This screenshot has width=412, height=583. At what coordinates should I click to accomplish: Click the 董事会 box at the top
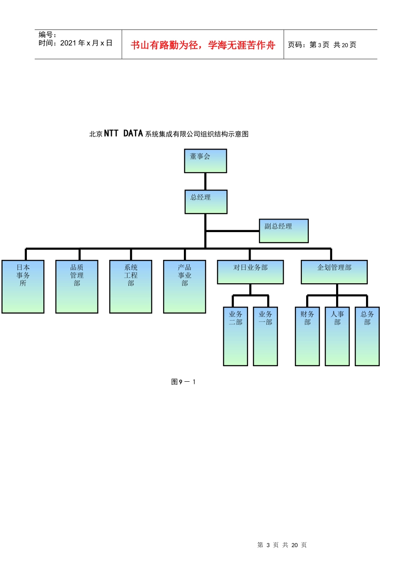(x=205, y=161)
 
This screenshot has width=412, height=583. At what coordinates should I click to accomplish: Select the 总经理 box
(x=206, y=202)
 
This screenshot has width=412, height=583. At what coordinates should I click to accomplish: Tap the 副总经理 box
(x=284, y=231)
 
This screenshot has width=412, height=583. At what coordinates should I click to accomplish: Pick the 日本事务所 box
(x=23, y=287)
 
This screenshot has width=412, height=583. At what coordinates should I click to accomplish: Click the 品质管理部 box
(x=77, y=287)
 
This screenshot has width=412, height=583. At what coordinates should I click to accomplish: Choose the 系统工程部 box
(x=131, y=287)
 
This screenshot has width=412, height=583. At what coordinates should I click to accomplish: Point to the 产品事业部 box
(x=184, y=287)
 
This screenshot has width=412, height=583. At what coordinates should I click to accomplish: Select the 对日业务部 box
(x=250, y=272)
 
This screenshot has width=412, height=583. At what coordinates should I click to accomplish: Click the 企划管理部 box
(x=334, y=272)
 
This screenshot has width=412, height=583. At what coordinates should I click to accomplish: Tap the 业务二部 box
(x=235, y=336)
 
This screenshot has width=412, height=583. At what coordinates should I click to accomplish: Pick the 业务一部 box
(x=265, y=336)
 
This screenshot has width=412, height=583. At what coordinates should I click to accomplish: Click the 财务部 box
(x=307, y=336)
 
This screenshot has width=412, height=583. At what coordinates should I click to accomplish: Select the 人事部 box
(x=337, y=336)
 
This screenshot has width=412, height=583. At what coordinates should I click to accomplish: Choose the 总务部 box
(x=367, y=336)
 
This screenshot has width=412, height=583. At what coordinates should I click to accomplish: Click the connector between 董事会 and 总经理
(x=205, y=181)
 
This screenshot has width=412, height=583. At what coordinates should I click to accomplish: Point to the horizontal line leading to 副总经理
(x=232, y=231)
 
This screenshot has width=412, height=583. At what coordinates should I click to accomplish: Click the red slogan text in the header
(x=203, y=45)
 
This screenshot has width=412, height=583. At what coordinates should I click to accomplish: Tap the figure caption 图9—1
(x=183, y=382)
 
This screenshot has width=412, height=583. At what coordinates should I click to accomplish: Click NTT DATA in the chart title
(x=123, y=133)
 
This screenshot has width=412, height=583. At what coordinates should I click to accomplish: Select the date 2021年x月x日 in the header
(x=86, y=43)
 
